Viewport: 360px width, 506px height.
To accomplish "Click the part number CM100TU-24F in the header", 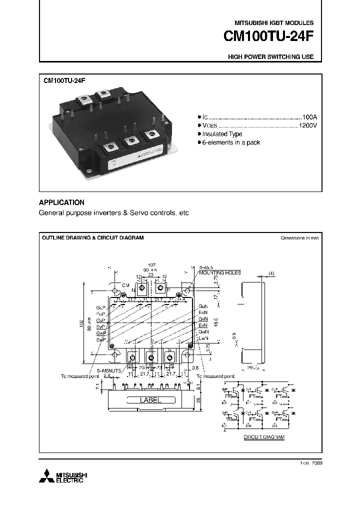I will [268, 37].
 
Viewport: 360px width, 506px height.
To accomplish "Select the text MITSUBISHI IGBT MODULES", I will [274, 23].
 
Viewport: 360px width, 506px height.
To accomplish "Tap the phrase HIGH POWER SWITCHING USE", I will [270, 57].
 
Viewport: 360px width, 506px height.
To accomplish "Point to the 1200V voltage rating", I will [307, 125].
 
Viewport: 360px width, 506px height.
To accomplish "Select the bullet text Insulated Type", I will [222, 134].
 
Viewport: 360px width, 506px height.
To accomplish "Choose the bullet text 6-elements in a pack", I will [231, 142].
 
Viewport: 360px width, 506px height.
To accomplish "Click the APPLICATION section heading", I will [61, 202].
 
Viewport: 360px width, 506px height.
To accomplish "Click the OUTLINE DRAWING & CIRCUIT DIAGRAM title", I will [92, 238].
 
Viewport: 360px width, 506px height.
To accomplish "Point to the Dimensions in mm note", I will [299, 238].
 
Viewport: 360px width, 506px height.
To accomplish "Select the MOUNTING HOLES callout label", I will [219, 272].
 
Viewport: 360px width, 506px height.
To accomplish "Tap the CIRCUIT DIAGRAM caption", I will [263, 437].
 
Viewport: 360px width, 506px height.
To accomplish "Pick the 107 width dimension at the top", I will [151, 265].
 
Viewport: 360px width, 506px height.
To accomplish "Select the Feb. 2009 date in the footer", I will [312, 463].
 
